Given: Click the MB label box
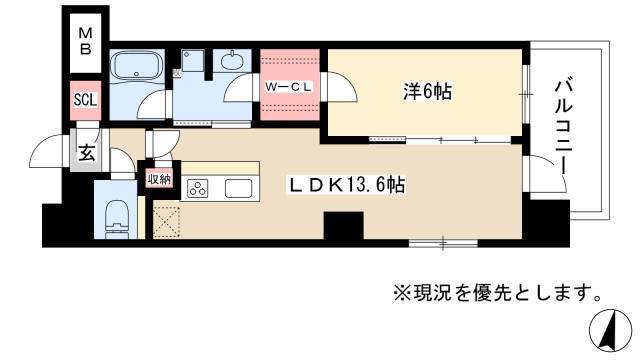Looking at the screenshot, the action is tap(85, 42).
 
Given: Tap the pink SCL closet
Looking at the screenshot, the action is tap(85, 100).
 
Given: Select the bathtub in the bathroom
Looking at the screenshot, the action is tap(137, 65).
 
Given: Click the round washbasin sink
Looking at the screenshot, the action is tap(232, 61).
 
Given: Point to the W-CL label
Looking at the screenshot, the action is tap(289, 87).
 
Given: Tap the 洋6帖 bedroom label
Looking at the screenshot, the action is tap(427, 91).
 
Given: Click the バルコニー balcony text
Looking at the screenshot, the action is tap(564, 128).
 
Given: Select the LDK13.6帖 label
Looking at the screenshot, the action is tap(347, 185).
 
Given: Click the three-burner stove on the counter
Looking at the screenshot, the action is tap(198, 189).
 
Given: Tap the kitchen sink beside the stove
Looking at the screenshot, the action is tap(239, 189).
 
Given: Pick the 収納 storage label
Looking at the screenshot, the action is tap(159, 179).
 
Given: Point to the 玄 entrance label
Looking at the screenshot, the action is tap(87, 153).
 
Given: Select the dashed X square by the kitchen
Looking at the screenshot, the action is tap(167, 222).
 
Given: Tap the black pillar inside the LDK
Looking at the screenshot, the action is tap(343, 226).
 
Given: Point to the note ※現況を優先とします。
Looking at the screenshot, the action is tap(497, 292).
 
